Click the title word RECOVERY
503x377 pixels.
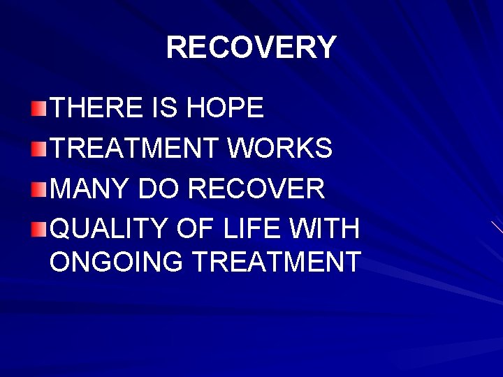[x=251, y=47]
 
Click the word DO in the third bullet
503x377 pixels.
[x=161, y=188]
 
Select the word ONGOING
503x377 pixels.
[x=116, y=262]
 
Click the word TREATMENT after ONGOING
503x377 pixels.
[x=276, y=262]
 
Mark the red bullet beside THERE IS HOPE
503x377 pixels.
[x=40, y=108]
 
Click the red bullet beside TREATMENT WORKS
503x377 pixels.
[x=40, y=148]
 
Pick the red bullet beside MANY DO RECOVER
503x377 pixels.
[x=40, y=188]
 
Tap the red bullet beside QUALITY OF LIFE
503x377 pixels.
[x=40, y=228]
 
